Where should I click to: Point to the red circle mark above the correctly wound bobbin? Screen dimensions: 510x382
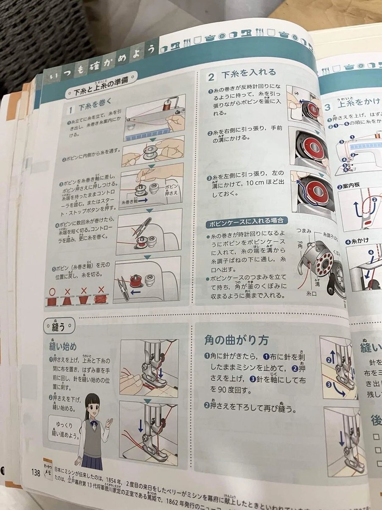coord(52,292)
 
